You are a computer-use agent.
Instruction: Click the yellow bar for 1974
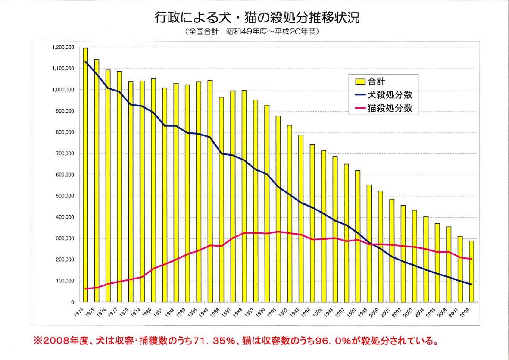(85, 175)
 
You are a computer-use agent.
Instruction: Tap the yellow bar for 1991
(278, 209)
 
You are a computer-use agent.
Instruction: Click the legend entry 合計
(373, 81)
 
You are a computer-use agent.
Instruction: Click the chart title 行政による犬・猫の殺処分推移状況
(257, 18)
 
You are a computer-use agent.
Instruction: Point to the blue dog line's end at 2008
(471, 285)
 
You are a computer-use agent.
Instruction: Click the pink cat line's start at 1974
(85, 288)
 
